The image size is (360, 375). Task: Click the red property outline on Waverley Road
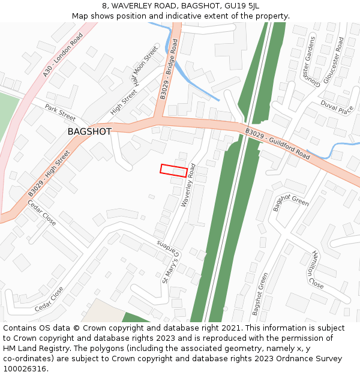click(x=173, y=170)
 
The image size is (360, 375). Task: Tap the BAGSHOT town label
click(x=89, y=131)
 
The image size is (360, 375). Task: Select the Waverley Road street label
click(x=188, y=185)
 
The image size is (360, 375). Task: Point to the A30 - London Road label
click(x=62, y=55)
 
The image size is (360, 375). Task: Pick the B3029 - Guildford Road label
click(x=277, y=143)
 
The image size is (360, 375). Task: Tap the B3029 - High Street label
click(x=49, y=173)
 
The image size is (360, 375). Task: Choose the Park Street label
click(x=60, y=112)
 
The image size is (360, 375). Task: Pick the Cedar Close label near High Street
click(x=42, y=213)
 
